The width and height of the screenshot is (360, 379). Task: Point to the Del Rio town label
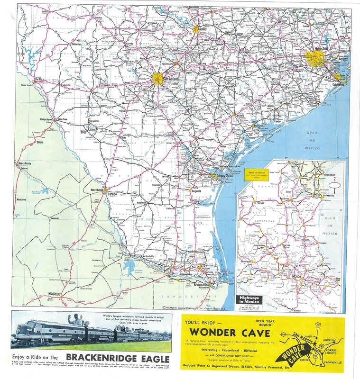point(28,79)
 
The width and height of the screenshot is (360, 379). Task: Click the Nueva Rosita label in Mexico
point(24,163)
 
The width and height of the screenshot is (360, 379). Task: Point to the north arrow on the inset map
point(336,184)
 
